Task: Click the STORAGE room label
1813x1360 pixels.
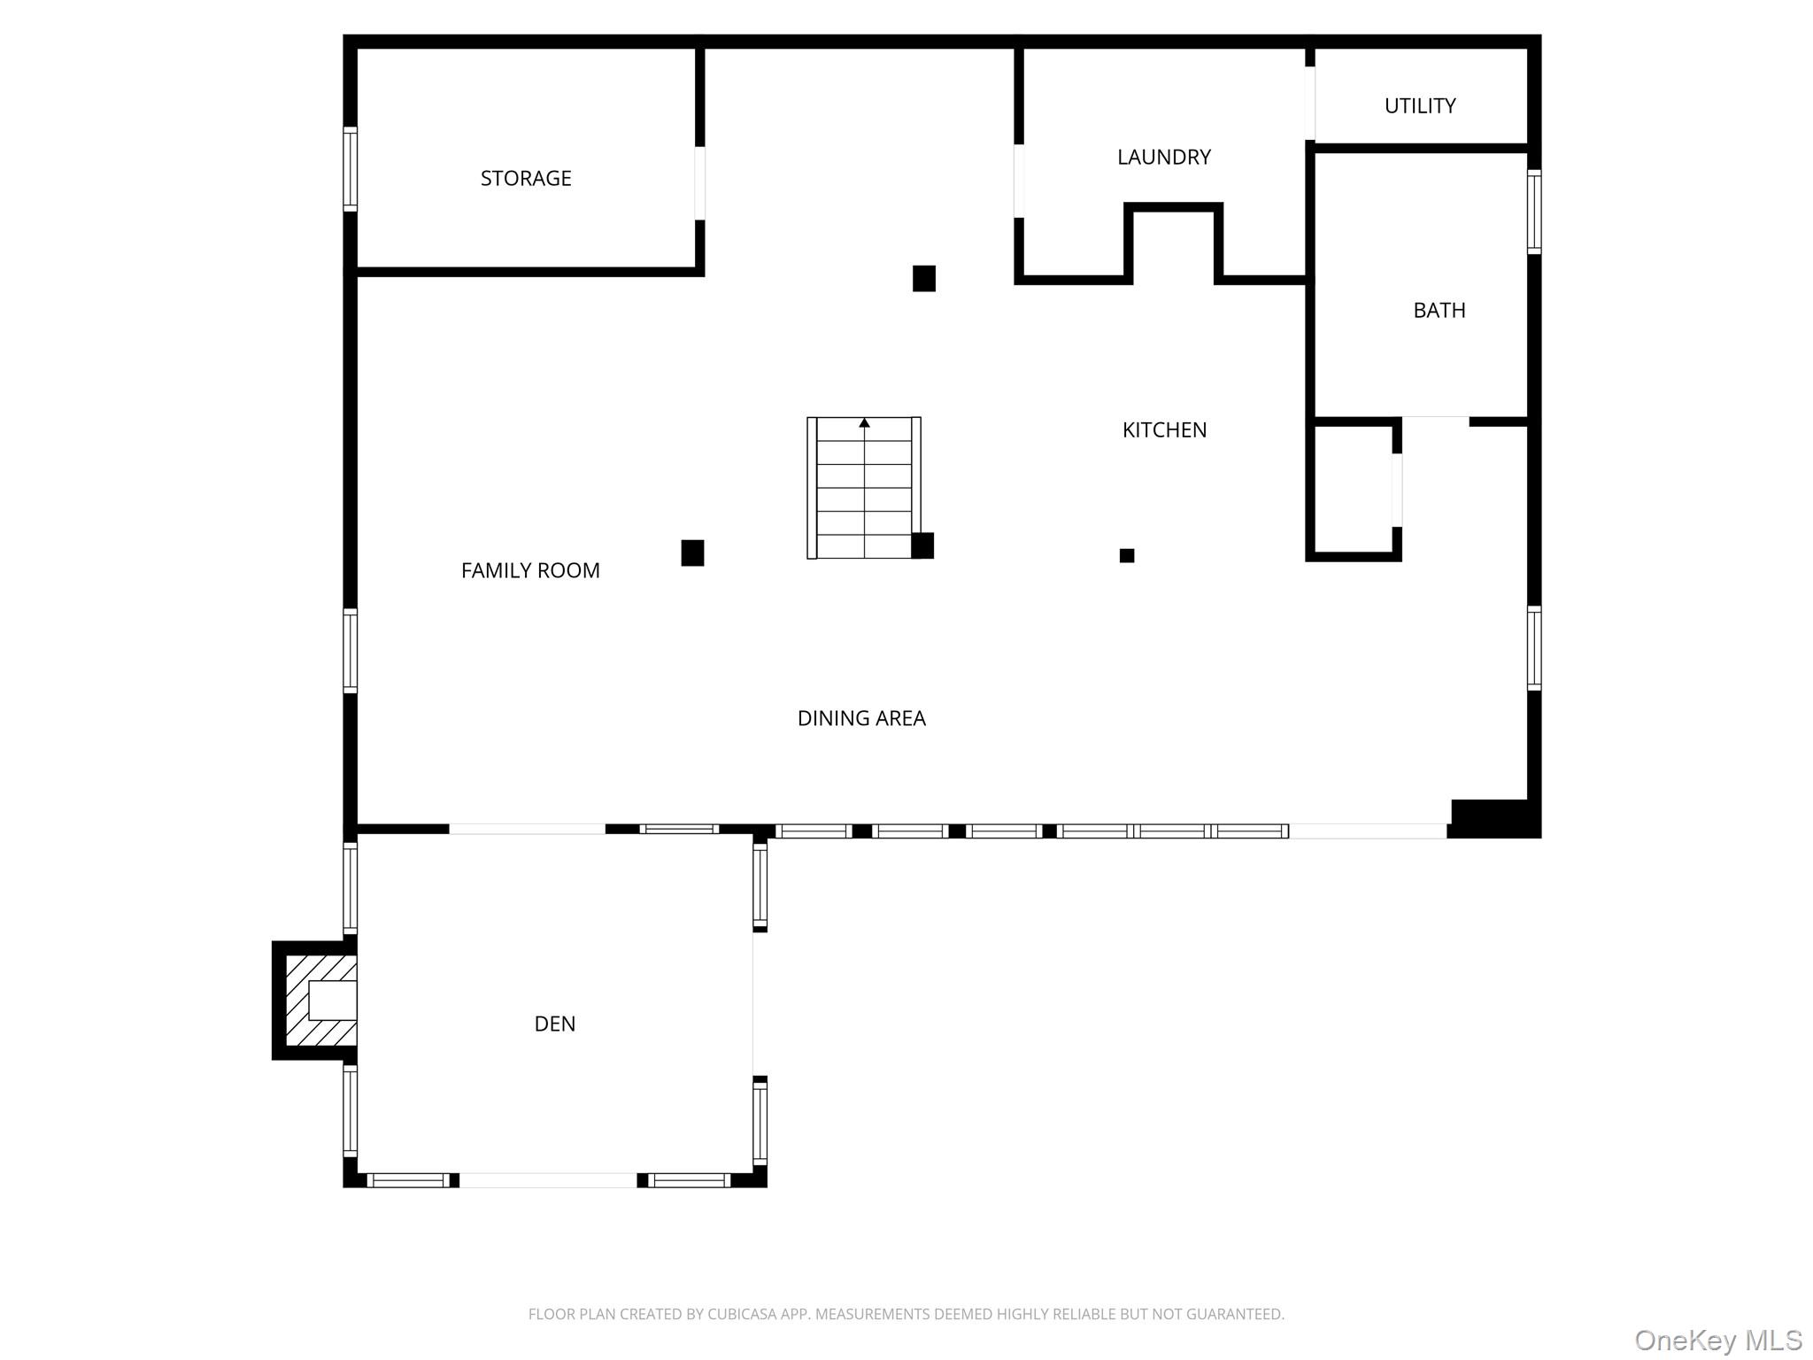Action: (x=526, y=178)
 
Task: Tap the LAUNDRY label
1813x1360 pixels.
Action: (x=1163, y=157)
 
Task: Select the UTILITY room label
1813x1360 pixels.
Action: (x=1419, y=105)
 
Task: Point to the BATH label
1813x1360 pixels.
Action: (x=1439, y=310)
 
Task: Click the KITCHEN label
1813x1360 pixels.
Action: (x=1164, y=429)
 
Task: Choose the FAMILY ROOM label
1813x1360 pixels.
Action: (x=530, y=570)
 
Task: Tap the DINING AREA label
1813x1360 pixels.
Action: (x=861, y=718)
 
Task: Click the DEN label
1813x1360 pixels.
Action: (x=555, y=1024)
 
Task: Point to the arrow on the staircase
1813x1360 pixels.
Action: (x=864, y=423)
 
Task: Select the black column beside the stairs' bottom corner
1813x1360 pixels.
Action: (x=922, y=545)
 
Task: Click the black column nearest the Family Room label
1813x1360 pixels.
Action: (x=692, y=552)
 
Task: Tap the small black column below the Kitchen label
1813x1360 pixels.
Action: (x=1127, y=555)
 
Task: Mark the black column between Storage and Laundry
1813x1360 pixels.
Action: (x=924, y=278)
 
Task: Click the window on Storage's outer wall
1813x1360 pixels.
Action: (x=351, y=169)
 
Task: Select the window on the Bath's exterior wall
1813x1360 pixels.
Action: (x=1534, y=212)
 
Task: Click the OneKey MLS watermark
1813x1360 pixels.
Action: (x=1717, y=1341)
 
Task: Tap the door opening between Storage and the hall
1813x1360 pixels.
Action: (x=699, y=183)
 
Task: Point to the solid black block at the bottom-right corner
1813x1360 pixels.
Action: (x=1494, y=818)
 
